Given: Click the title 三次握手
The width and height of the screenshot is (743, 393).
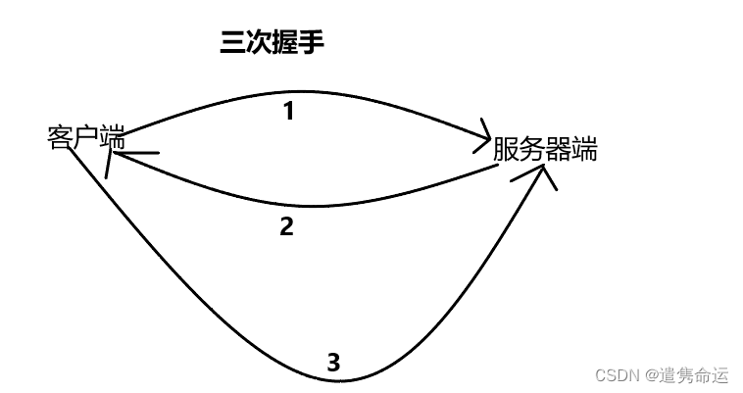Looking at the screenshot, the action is click(x=272, y=42).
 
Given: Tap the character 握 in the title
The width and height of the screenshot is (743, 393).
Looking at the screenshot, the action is click(x=284, y=42).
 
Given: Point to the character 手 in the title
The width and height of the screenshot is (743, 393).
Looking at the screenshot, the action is click(x=311, y=42).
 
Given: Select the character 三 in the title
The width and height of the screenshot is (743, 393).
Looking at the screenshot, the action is click(x=232, y=42).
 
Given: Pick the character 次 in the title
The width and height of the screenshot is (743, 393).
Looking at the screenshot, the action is click(x=258, y=42).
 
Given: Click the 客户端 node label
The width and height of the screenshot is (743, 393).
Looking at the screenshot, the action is click(x=84, y=137).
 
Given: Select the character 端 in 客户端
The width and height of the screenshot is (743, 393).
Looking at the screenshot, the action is click(x=110, y=137).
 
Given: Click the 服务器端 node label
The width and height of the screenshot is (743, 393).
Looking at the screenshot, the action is click(x=545, y=150).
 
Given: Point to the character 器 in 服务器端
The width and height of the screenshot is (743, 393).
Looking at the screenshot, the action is click(x=558, y=150).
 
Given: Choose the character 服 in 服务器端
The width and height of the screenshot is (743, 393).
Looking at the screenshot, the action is click(x=506, y=150).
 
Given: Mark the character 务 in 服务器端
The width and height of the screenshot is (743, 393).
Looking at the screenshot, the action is click(x=532, y=150).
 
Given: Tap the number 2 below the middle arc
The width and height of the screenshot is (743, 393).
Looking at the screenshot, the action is click(x=286, y=226).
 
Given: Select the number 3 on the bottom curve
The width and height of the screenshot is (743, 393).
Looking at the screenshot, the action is click(x=333, y=363).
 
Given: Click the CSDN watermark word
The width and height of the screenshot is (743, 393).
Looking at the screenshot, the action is click(x=616, y=375).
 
